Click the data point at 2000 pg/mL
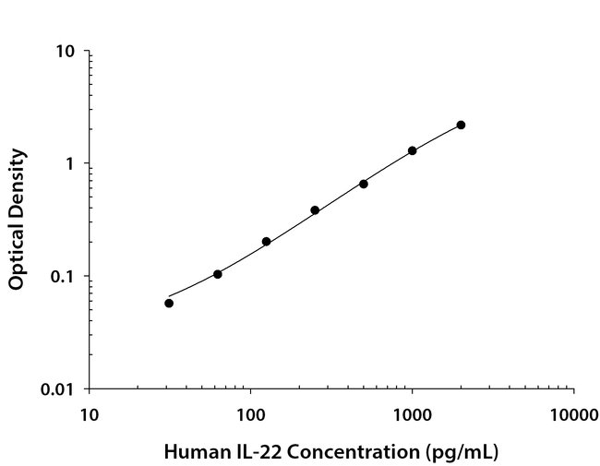(x=461, y=125)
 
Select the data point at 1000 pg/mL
(x=412, y=150)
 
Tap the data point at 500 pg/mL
(x=364, y=184)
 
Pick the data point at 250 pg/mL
(x=315, y=210)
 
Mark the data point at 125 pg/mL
(x=266, y=242)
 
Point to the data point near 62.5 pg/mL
(x=218, y=274)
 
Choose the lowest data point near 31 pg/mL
(x=169, y=303)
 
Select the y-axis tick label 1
(x=71, y=164)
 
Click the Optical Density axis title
(x=17, y=220)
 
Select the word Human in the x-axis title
(x=193, y=452)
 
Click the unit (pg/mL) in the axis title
(x=465, y=452)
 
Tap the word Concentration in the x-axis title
(x=351, y=452)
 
